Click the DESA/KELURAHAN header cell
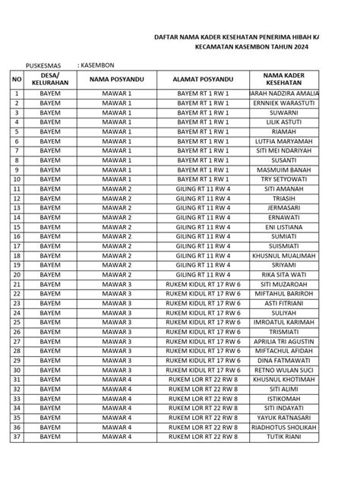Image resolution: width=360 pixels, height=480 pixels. (x=50, y=79)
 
